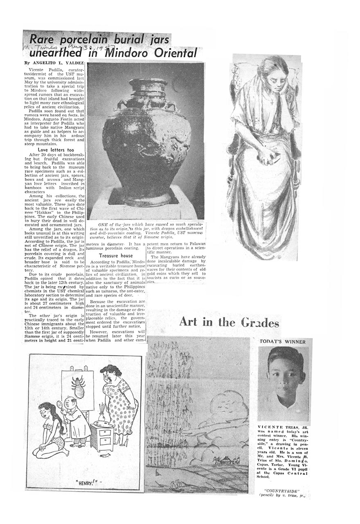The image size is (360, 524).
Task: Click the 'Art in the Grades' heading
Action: tap(229, 322)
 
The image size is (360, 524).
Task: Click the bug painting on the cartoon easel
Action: tap(78, 386)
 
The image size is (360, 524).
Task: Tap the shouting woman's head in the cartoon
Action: tap(110, 373)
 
